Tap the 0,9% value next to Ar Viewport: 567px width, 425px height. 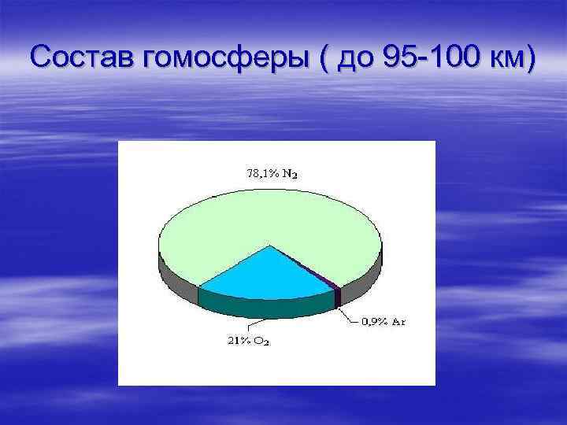(372, 322)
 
